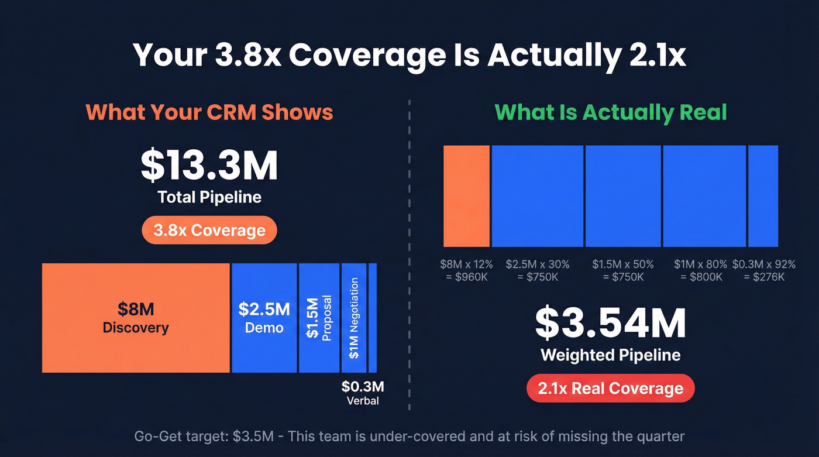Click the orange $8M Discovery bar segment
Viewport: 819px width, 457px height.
136,318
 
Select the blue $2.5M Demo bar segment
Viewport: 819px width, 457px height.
264,318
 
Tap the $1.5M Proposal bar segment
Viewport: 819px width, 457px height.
319,318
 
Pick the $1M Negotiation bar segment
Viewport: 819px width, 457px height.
354,318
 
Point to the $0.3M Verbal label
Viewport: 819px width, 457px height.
363,393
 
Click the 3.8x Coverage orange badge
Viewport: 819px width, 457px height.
209,231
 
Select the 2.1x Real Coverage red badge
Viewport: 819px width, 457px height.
611,389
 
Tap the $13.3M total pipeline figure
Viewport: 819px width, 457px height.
209,166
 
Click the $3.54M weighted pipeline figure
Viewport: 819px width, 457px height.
611,324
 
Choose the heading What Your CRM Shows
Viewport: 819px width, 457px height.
209,112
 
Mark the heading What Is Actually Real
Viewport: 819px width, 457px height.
610,112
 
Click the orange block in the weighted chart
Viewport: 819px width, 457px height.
466,196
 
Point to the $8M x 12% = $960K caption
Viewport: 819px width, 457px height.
466,270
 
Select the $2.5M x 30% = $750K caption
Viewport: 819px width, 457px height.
537,270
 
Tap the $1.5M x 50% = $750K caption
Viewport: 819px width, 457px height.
622,270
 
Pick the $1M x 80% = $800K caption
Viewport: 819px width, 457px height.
700,270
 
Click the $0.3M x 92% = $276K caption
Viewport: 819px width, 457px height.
763,270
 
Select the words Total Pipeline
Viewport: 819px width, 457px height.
209,197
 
